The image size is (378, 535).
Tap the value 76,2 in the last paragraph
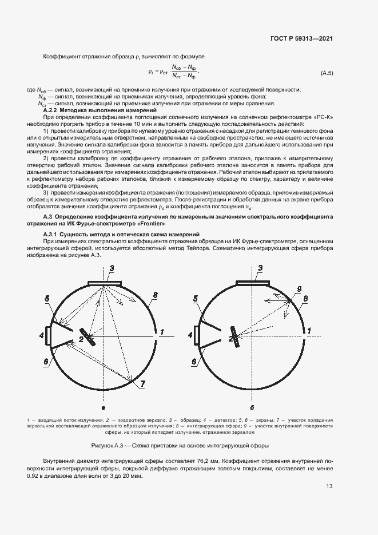coord(214,461)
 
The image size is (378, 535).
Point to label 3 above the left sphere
coord(112,268)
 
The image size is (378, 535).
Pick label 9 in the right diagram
coord(299,288)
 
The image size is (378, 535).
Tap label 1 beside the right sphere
coord(309,331)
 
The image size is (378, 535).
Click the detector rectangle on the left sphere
coord(49,335)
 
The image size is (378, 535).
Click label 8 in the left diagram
coord(155,295)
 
